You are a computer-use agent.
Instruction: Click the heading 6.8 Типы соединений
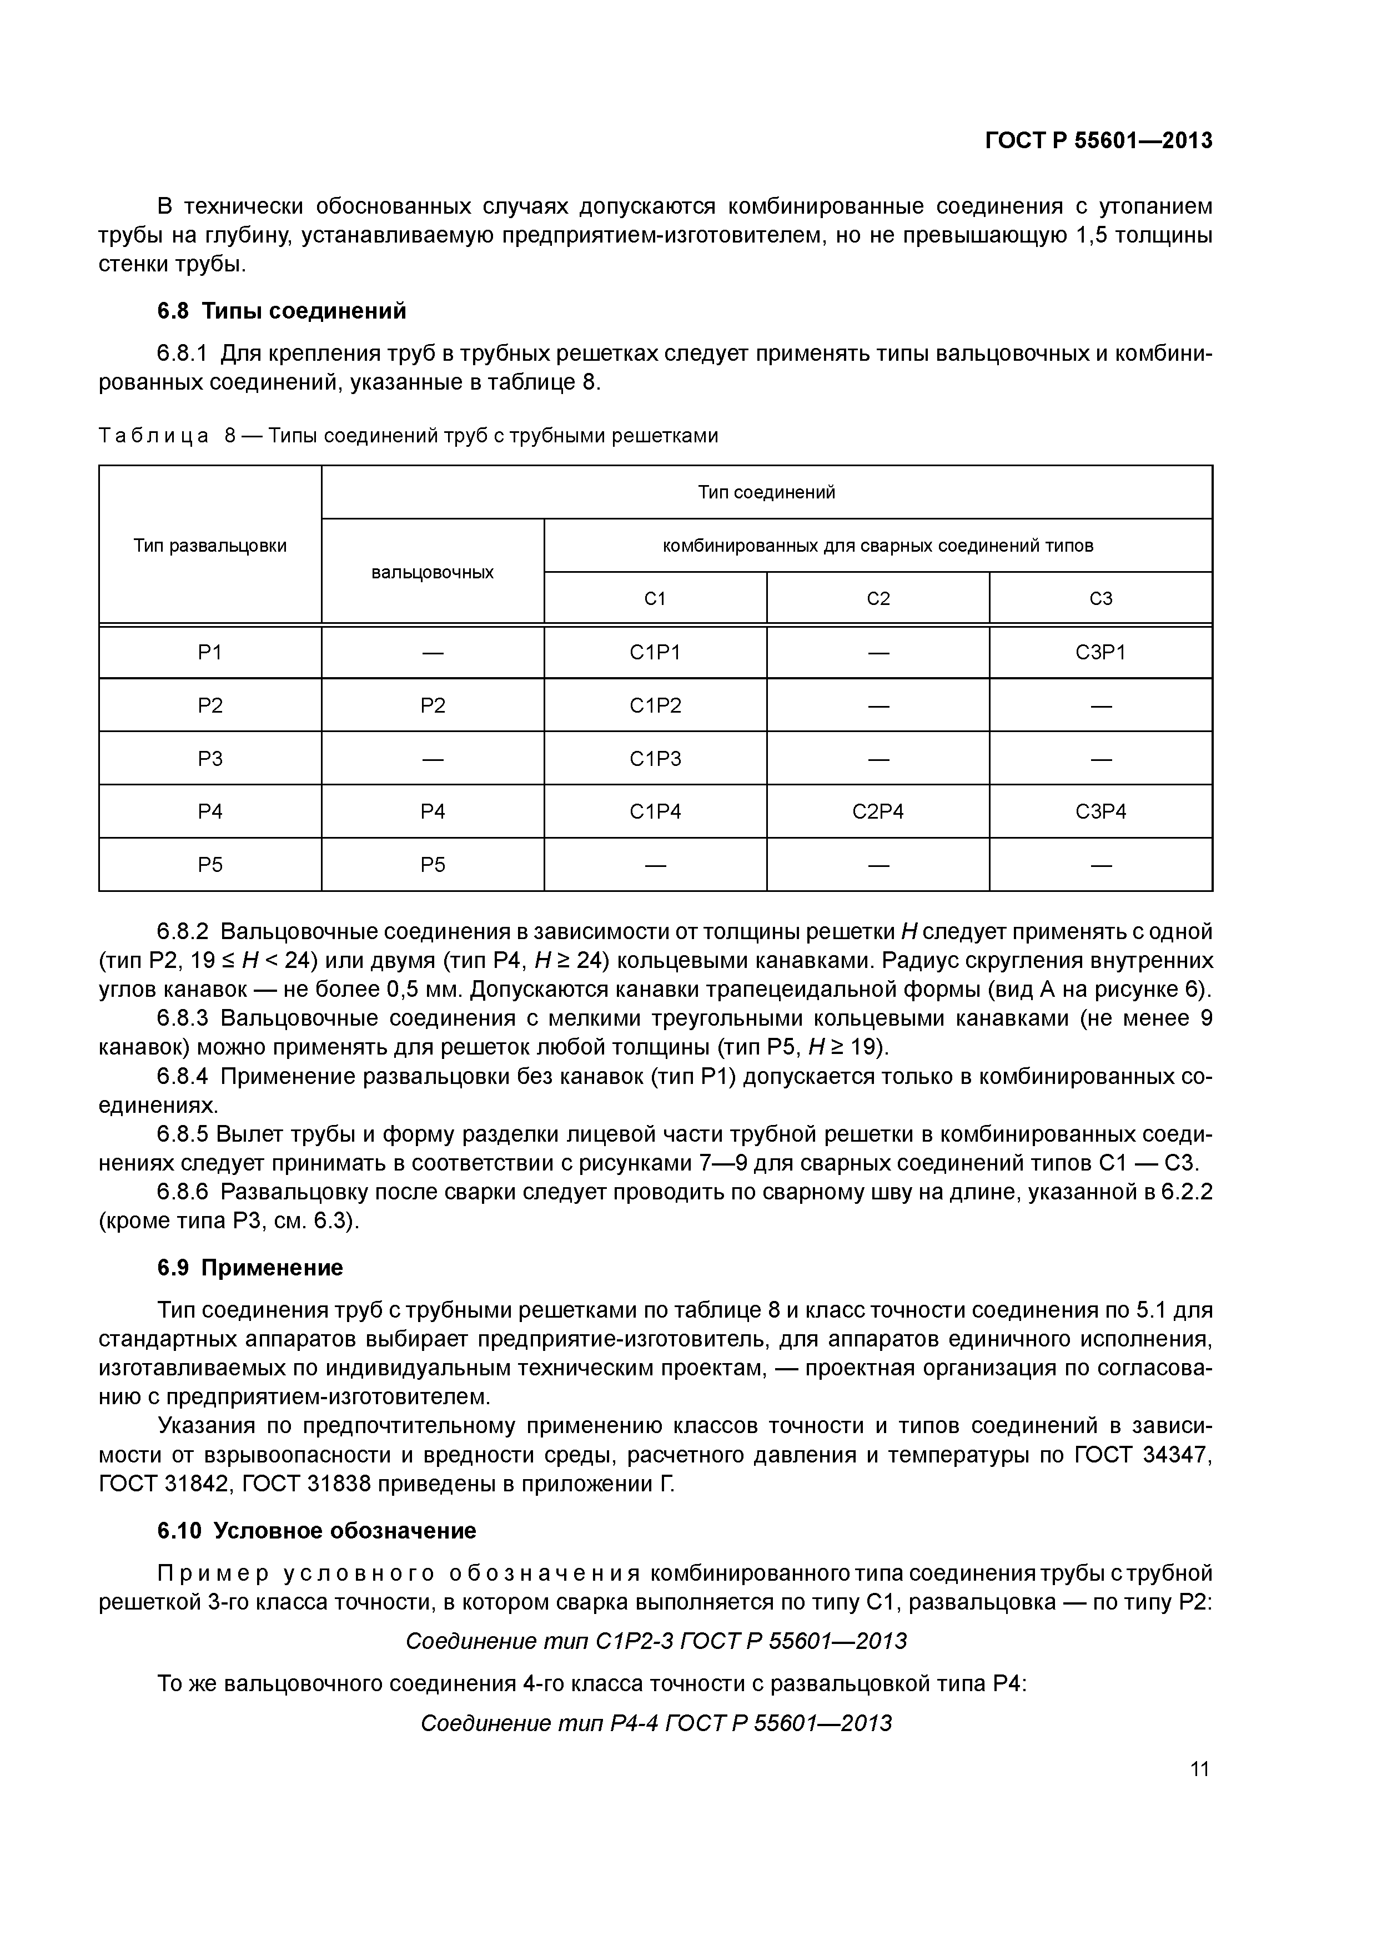pyautogui.click(x=282, y=311)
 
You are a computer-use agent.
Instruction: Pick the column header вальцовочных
pyautogui.click(x=432, y=572)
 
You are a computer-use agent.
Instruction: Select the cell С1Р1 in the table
pyautogui.click(x=655, y=652)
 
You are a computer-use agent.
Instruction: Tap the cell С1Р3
pyautogui.click(x=655, y=758)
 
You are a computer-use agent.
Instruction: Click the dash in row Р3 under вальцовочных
pyautogui.click(x=432, y=759)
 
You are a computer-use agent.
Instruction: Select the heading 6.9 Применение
pyautogui.click(x=250, y=1268)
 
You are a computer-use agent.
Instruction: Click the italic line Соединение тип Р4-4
pyautogui.click(x=656, y=1723)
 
